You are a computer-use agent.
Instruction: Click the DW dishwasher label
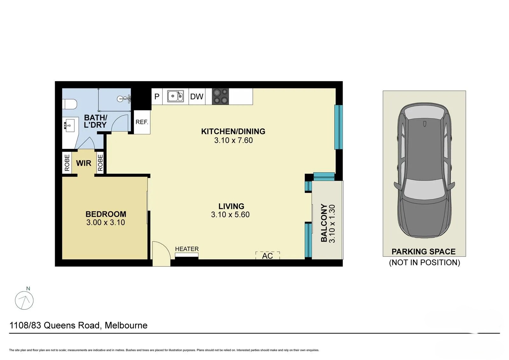[197, 96]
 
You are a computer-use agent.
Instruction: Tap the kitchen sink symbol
[175, 96]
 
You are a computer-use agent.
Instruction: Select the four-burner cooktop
[220, 96]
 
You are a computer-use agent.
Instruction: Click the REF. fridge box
[142, 122]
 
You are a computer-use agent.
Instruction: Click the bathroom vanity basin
[69, 125]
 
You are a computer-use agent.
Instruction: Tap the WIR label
[84, 163]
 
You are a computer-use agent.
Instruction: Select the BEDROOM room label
[106, 214]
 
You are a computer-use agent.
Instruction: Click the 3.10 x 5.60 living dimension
[230, 215]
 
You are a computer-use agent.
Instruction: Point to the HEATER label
[187, 249]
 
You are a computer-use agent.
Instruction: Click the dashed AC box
[268, 256]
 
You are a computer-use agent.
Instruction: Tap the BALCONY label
[324, 223]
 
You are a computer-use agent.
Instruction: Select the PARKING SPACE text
[423, 252]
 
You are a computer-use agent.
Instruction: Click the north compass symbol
[24, 300]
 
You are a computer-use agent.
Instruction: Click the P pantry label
[157, 96]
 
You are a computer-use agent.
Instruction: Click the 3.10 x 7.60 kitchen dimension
[233, 140]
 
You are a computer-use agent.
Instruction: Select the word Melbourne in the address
[126, 325]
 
